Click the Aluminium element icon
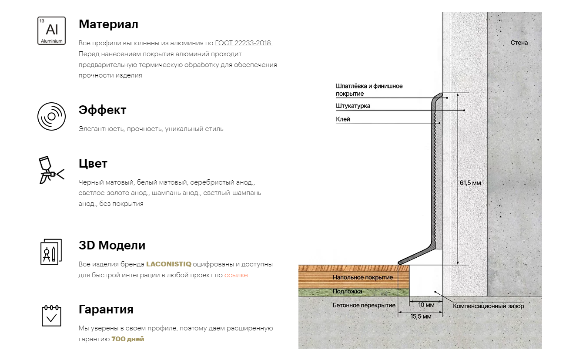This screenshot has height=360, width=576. coord(51,30)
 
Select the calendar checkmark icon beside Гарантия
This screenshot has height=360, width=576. coord(51,316)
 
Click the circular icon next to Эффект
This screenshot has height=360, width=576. coord(51,116)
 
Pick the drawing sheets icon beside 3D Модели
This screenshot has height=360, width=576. coord(51,252)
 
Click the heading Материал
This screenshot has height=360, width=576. coord(108,24)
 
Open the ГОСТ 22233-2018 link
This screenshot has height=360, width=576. coord(244,43)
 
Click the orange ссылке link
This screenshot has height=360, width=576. coord(236,275)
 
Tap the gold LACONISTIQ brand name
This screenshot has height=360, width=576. coord(169,264)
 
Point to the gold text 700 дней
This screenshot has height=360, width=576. coord(127,339)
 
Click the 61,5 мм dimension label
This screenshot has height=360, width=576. coord(470,183)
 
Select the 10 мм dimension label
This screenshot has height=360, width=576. coord(426,305)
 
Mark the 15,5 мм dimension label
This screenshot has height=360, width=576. coord(421,316)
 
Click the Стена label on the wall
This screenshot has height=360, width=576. coord(519,43)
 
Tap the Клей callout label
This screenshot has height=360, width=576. coord(343,119)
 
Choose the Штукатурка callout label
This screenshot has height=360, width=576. coord(353,106)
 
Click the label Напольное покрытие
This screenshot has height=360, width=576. coord(362,277)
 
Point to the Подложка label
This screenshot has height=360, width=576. coord(347,291)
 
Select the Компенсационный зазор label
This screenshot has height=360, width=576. coord(488,306)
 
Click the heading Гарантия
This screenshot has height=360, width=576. coord(106,310)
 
